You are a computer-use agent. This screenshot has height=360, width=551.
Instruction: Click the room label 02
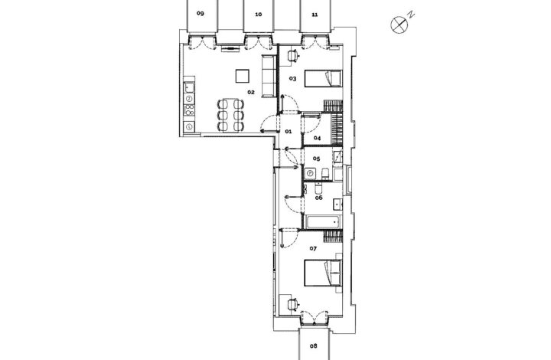tap(250, 93)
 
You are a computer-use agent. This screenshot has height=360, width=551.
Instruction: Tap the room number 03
tap(292, 79)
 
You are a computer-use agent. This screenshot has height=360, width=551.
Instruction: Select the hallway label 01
tap(289, 132)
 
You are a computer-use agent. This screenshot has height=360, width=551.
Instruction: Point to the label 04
tap(318, 138)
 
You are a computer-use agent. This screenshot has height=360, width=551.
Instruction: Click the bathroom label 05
tap(316, 159)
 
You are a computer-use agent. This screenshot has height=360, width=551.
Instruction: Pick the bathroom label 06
tap(318, 198)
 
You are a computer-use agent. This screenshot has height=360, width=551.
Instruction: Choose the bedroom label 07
tap(313, 249)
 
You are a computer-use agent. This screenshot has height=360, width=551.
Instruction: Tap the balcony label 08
tap(314, 346)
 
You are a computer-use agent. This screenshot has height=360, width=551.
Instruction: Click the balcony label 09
tap(200, 14)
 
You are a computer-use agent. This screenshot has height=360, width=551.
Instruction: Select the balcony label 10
tap(259, 15)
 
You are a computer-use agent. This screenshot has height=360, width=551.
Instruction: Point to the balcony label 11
tap(315, 15)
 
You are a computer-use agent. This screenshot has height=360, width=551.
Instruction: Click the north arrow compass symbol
tap(399, 25)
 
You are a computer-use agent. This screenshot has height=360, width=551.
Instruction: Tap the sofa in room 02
tap(269, 76)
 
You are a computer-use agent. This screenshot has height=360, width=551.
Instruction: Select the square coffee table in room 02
tap(243, 76)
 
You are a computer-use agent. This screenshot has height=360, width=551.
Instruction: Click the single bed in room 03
tap(323, 78)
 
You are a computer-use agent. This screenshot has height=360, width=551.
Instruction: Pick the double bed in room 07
tap(323, 273)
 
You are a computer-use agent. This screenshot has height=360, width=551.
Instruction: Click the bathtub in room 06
tap(323, 222)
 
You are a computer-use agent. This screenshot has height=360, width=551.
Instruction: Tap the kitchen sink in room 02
tap(190, 87)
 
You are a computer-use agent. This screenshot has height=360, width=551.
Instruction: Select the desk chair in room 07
tap(293, 304)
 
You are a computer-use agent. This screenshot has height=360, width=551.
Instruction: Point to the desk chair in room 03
tap(292, 56)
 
